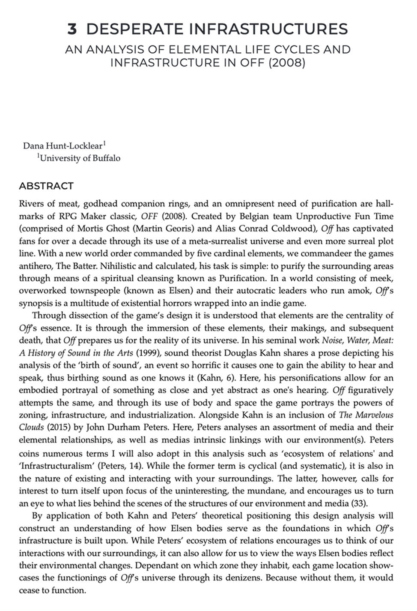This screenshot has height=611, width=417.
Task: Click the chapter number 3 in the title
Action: pyautogui.click(x=72, y=29)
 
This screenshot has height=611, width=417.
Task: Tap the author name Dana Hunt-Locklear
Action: pyautogui.click(x=63, y=145)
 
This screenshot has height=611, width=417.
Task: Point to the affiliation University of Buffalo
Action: pyautogui.click(x=80, y=158)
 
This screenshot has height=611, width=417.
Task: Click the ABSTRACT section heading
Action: pyautogui.click(x=46, y=186)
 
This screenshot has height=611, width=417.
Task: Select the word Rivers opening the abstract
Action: pyautogui.click(x=31, y=203)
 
